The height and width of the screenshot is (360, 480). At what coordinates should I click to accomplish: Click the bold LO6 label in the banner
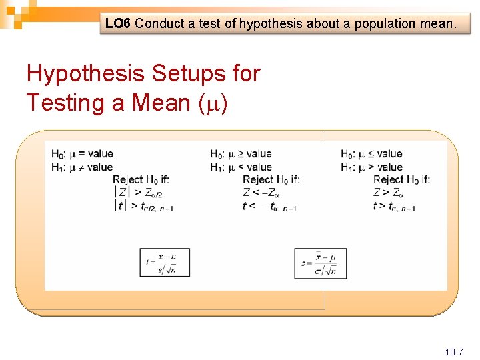pyautogui.click(x=118, y=24)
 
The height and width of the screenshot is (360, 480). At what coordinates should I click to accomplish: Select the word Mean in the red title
pyautogui.click(x=160, y=103)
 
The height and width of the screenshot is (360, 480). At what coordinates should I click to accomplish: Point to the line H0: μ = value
pyautogui.click(x=82, y=154)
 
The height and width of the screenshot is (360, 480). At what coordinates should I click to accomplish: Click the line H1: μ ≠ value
pyautogui.click(x=82, y=167)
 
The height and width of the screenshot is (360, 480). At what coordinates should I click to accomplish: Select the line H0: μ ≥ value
pyautogui.click(x=241, y=154)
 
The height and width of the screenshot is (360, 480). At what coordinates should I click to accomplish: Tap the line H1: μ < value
pyautogui.click(x=241, y=167)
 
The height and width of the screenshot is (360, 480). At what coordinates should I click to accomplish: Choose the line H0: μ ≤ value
pyautogui.click(x=371, y=154)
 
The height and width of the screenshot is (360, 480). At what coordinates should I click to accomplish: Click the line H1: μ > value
pyautogui.click(x=371, y=167)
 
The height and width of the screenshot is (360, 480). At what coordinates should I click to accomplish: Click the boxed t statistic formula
pyautogui.click(x=165, y=262)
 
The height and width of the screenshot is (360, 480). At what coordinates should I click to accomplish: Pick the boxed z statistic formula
pyautogui.click(x=321, y=263)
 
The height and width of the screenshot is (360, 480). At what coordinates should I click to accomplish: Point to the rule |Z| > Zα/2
pyautogui.click(x=140, y=193)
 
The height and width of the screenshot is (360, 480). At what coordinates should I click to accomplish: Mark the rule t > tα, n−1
pyautogui.click(x=395, y=206)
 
